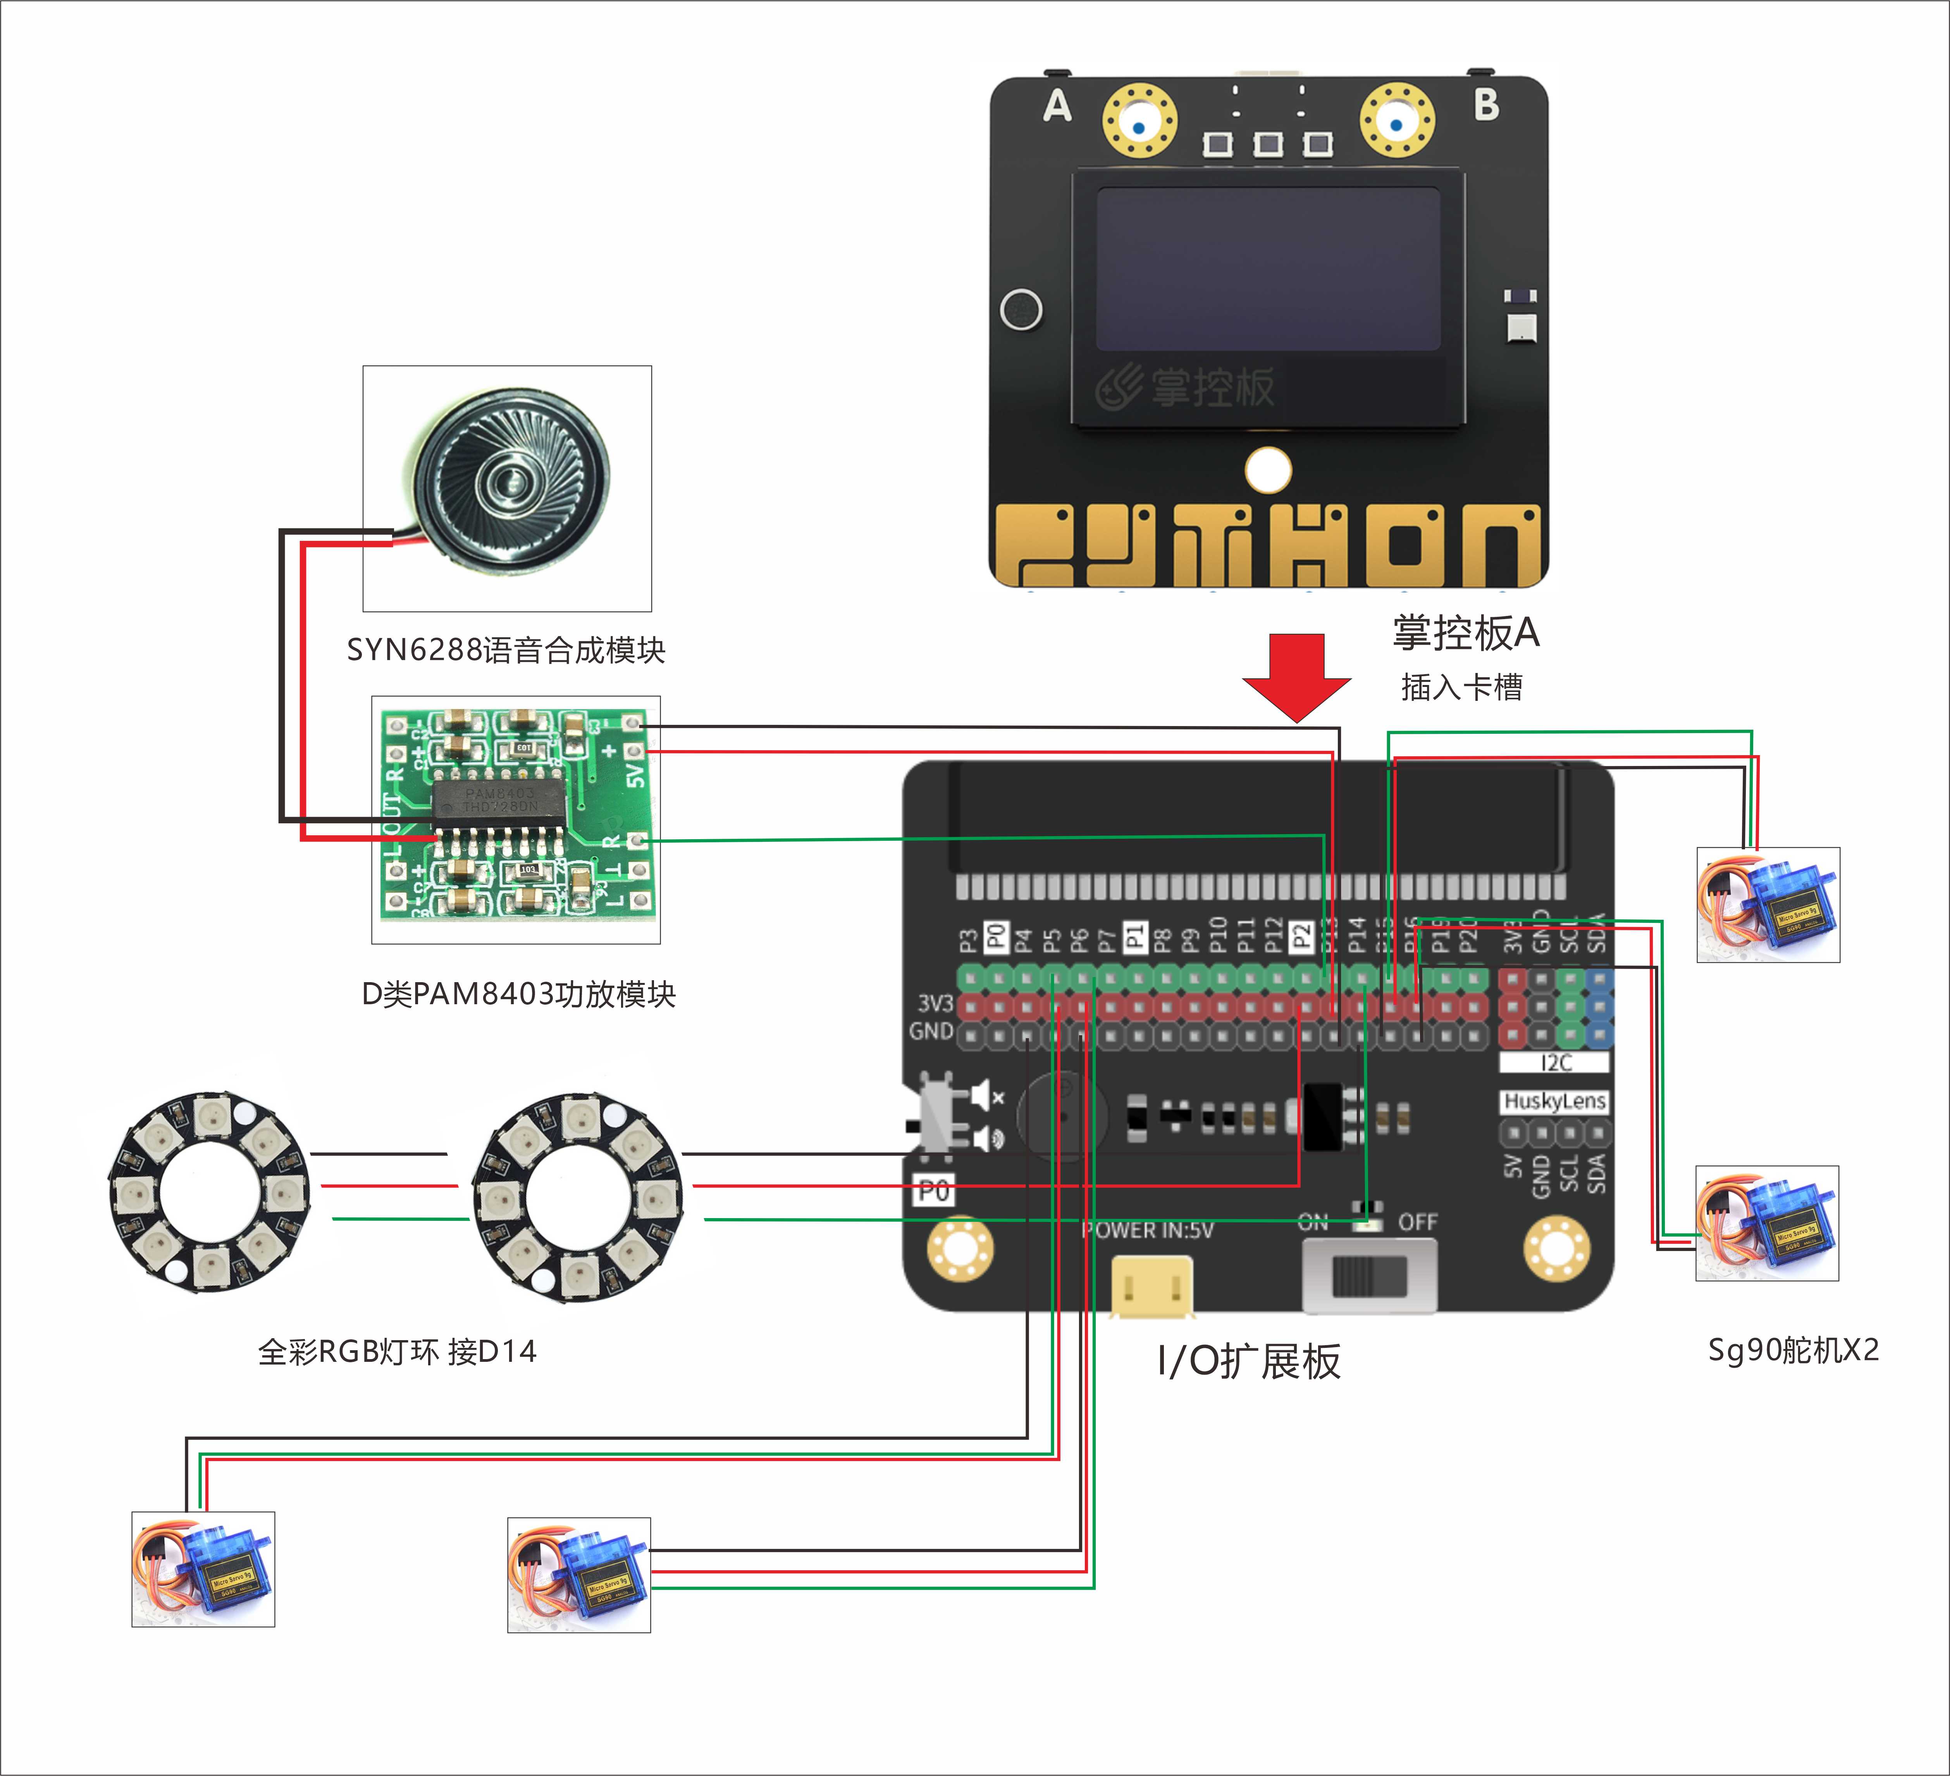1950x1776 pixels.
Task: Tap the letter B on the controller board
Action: (1487, 105)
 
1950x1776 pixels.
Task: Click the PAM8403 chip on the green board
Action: (498, 801)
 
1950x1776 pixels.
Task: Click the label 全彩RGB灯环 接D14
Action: (397, 1351)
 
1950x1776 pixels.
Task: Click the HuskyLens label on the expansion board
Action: (1554, 1101)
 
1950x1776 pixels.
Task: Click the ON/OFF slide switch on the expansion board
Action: (1369, 1276)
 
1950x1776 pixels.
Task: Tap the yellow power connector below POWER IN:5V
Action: (1151, 1287)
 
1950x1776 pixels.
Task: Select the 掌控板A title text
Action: (1465, 633)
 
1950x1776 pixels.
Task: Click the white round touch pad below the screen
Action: (1268, 470)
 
